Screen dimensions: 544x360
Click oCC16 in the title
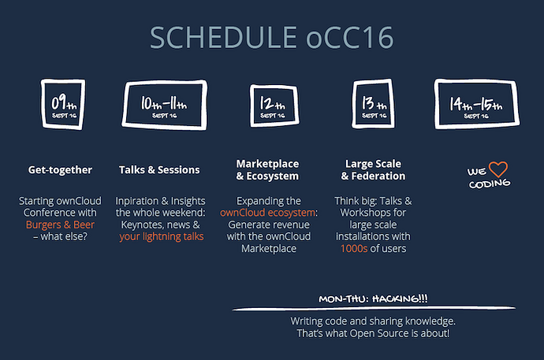pos(350,38)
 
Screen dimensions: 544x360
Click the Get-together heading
pos(60,170)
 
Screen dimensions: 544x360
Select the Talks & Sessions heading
pos(159,170)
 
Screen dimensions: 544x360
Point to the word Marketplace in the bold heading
pos(267,164)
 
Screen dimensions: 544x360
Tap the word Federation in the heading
pos(378,176)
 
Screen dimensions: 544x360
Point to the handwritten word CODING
pos(490,184)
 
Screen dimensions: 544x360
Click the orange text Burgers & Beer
pos(60,225)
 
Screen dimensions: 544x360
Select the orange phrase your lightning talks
pos(162,236)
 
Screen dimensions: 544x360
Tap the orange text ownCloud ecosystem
pos(267,213)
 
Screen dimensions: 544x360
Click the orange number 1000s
pos(354,248)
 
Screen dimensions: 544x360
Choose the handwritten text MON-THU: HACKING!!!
pos(373,299)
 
